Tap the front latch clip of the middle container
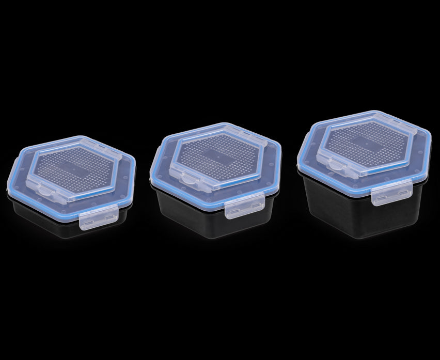pos(245,207)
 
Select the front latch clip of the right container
pos(391,194)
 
